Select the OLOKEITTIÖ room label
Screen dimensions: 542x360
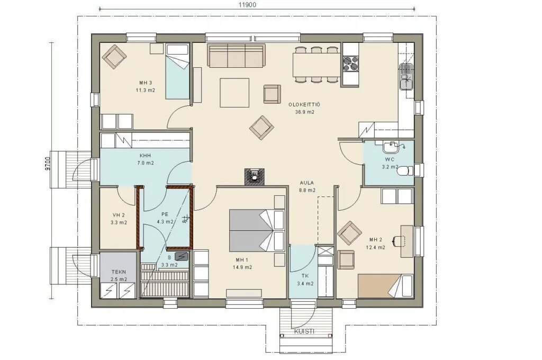pyautogui.click(x=304, y=104)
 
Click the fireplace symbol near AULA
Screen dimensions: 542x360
pyautogui.click(x=255, y=176)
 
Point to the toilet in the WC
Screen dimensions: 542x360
pyautogui.click(x=404, y=171)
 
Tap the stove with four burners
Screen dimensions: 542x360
pyautogui.click(x=350, y=64)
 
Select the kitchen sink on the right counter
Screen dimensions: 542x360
pyautogui.click(x=406, y=77)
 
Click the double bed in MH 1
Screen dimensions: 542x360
pyautogui.click(x=257, y=230)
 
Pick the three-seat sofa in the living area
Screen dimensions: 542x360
pyautogui.click(x=236, y=55)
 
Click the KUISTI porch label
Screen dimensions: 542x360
pyautogui.click(x=304, y=331)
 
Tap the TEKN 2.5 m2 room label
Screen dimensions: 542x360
pyautogui.click(x=119, y=275)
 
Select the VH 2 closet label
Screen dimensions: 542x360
pyautogui.click(x=119, y=219)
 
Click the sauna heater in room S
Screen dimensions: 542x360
pyautogui.click(x=182, y=256)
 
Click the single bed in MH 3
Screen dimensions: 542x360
pyautogui.click(x=177, y=71)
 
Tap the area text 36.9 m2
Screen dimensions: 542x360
pyautogui.click(x=304, y=112)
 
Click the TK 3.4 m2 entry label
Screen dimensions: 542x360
pyautogui.click(x=305, y=280)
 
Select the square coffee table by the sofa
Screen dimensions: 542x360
pyautogui.click(x=234, y=93)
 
